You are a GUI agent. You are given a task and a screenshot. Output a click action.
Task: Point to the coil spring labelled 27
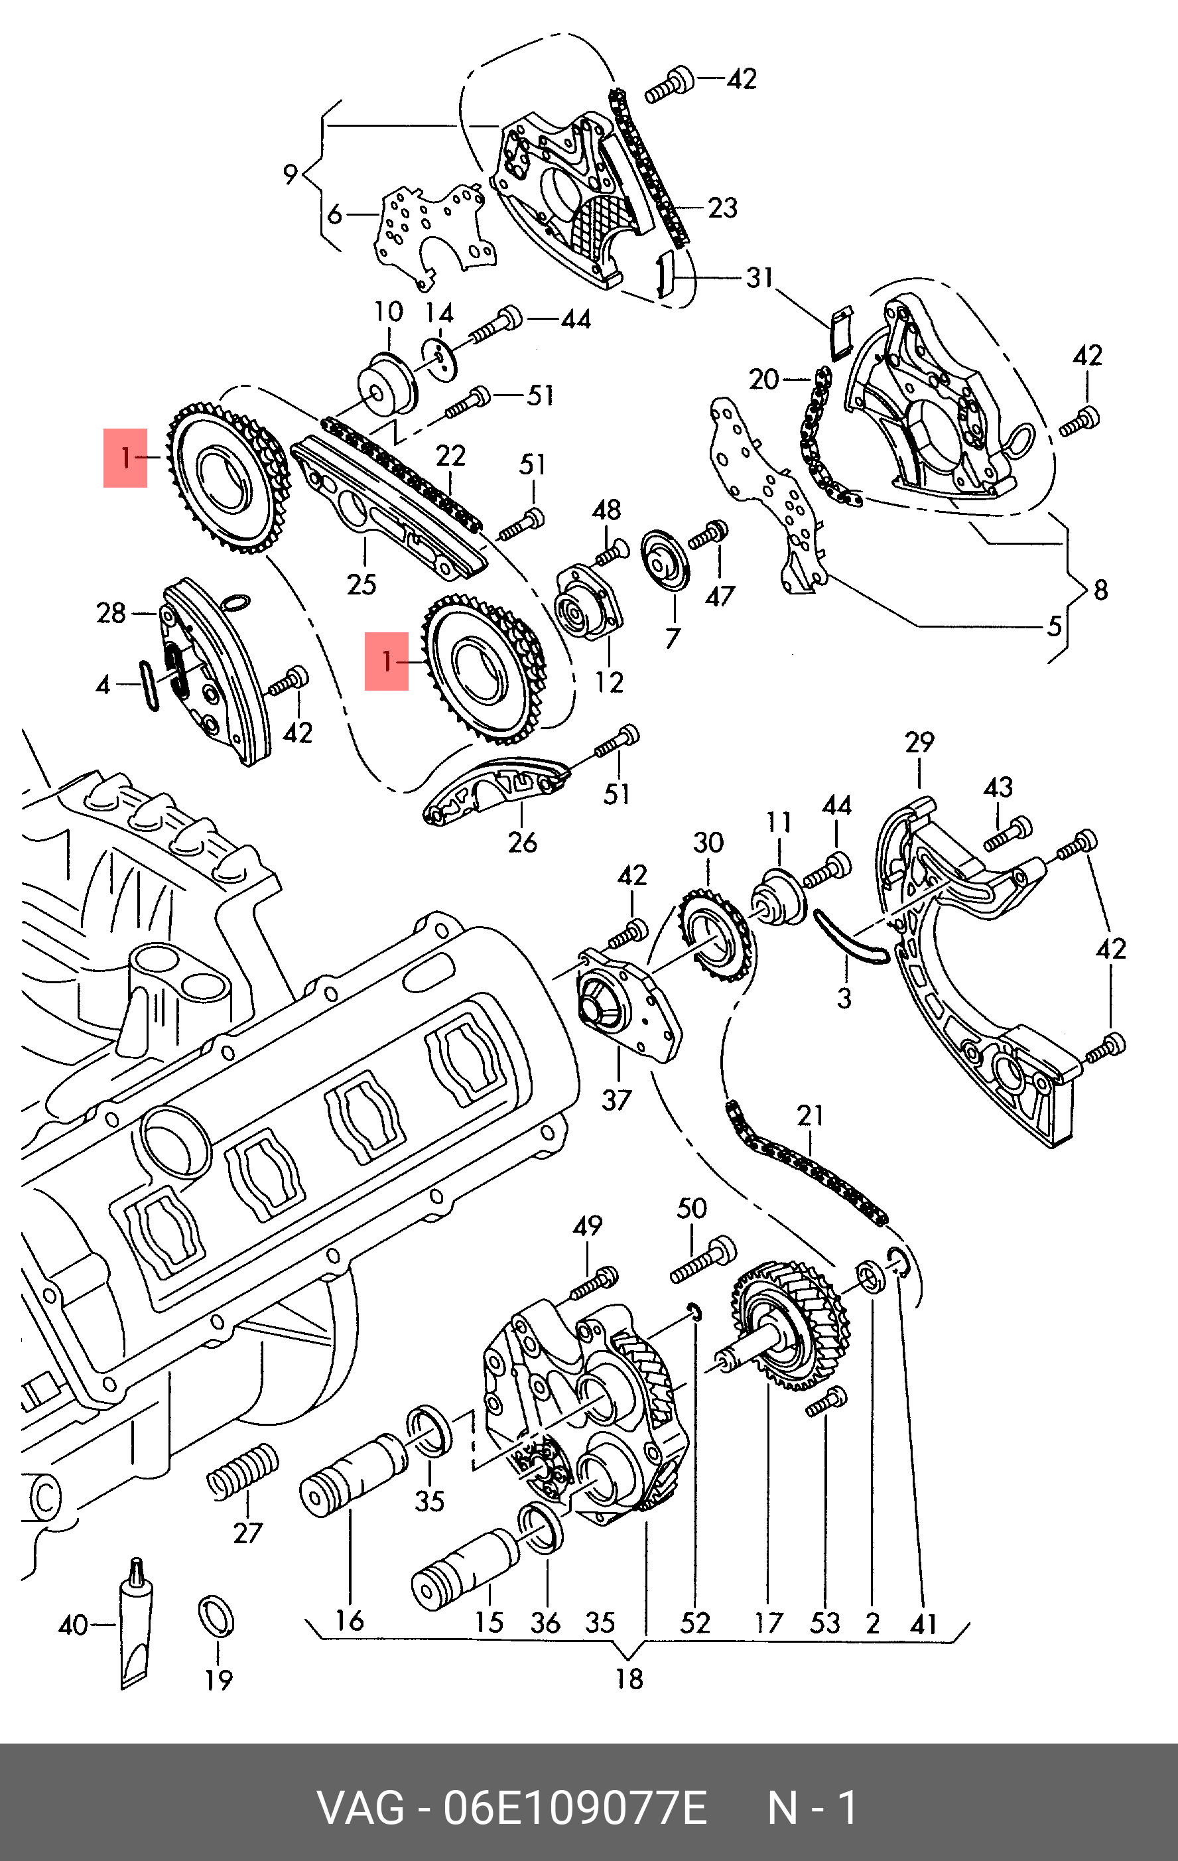[243, 1472]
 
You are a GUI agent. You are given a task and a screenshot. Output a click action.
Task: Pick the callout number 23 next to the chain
[723, 207]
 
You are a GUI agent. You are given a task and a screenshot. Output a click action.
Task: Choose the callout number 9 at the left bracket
[291, 174]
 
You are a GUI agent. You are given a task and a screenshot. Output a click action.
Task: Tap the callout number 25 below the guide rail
[361, 585]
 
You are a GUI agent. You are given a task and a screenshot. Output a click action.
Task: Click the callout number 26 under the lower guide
[522, 842]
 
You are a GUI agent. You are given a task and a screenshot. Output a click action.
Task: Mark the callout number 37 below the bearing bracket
[616, 1100]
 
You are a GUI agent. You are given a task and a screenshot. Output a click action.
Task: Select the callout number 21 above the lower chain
[811, 1115]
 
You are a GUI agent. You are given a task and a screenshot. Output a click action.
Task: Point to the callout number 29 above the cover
[919, 742]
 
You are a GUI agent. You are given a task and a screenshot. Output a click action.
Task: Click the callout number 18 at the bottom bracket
[629, 1679]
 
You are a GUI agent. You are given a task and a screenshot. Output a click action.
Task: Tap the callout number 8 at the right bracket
[1101, 590]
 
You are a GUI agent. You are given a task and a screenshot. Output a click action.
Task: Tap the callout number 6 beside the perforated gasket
[334, 214]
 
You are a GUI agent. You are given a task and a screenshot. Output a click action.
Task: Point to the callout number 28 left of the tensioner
[111, 613]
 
